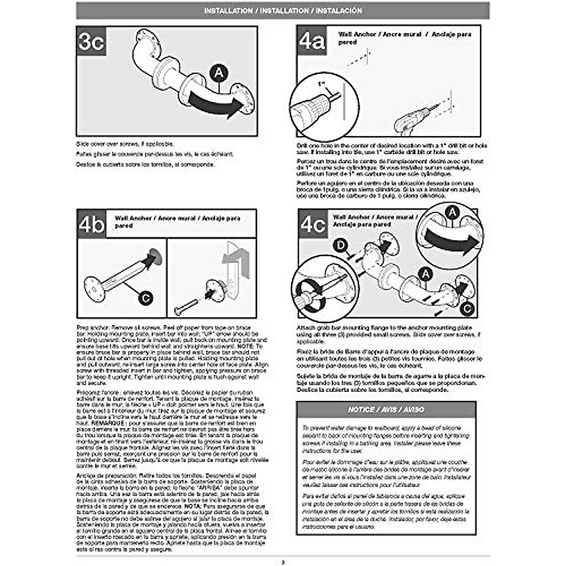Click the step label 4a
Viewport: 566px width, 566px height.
click(312, 41)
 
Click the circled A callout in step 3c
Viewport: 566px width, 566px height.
click(219, 73)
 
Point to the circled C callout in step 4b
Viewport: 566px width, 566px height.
click(146, 298)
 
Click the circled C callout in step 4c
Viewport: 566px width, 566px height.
click(467, 308)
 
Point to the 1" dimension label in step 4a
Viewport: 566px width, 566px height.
click(322, 84)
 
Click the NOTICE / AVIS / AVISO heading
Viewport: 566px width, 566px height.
click(386, 410)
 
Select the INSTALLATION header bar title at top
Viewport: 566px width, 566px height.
click(283, 10)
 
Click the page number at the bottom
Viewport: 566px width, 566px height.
click(283, 561)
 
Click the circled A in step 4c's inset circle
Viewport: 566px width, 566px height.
click(452, 213)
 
